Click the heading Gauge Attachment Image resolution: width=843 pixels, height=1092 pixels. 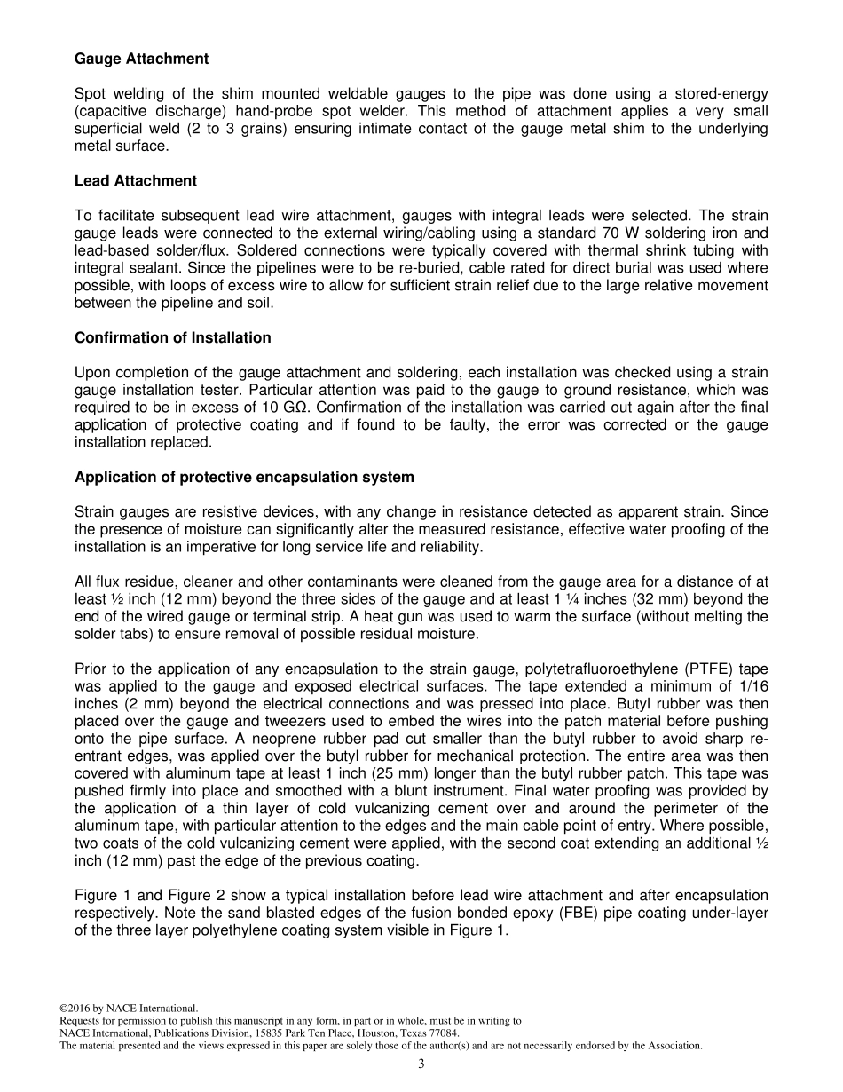click(x=141, y=59)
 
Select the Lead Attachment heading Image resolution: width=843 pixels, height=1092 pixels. click(x=135, y=181)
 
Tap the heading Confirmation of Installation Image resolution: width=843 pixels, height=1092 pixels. click(x=172, y=338)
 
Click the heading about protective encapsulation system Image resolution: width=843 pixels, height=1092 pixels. click(x=244, y=478)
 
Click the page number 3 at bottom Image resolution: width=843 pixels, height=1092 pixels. click(x=421, y=1064)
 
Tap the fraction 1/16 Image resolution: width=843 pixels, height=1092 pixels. click(x=752, y=686)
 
